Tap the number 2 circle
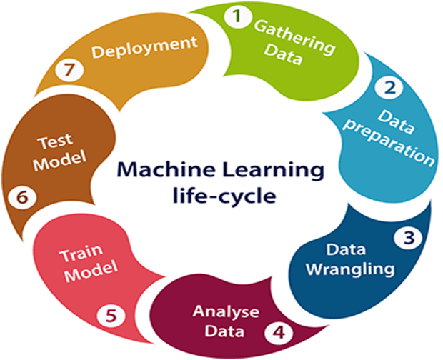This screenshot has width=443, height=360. coord(390,89)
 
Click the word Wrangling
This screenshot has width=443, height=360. coord(359,269)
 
